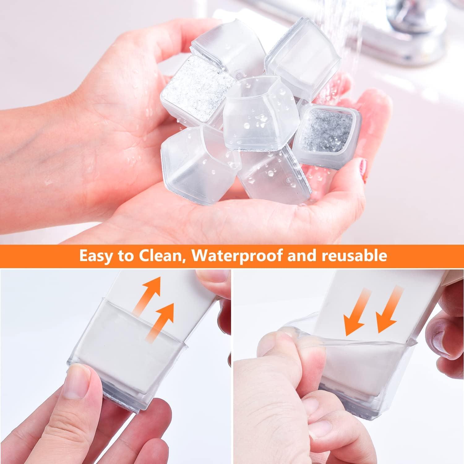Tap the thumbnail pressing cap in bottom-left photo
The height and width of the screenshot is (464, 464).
click(x=82, y=379)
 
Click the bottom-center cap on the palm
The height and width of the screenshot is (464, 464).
click(x=269, y=173)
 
